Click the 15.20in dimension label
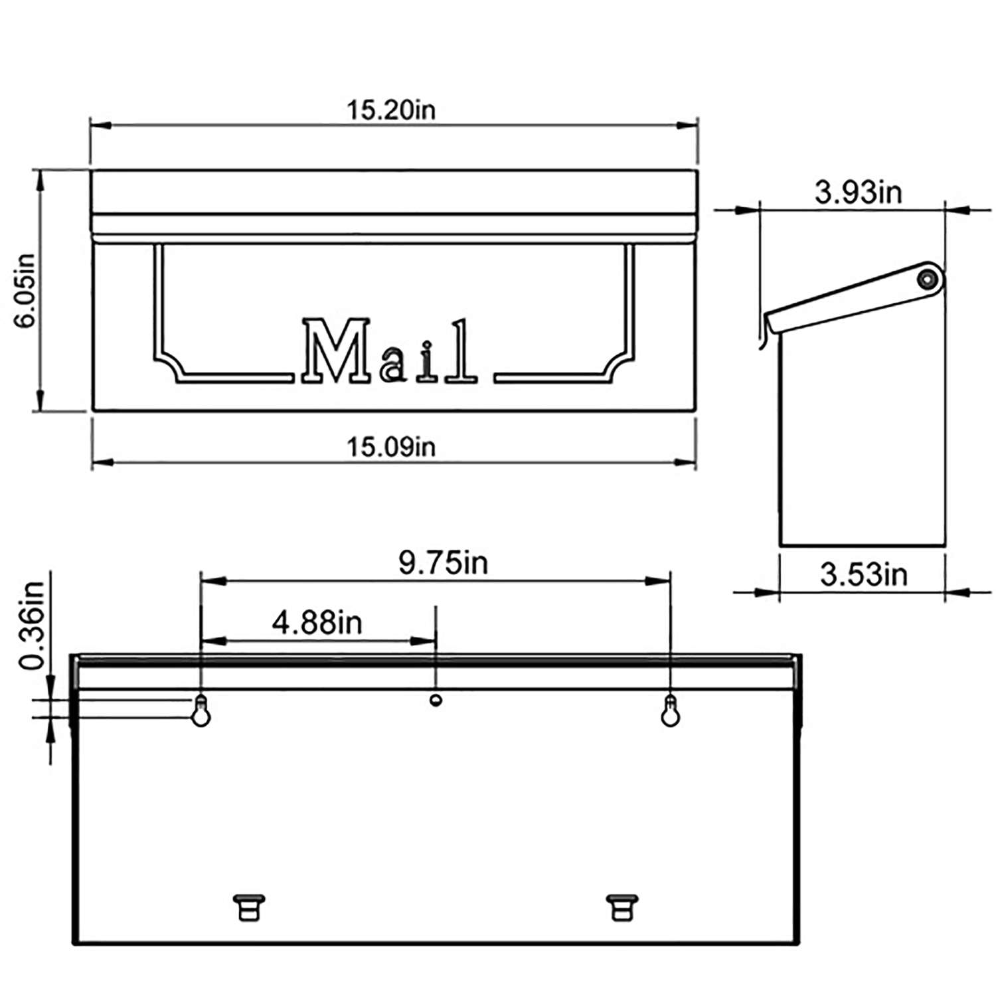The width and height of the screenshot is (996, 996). coord(391,110)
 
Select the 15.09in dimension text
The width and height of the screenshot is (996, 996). coord(391,447)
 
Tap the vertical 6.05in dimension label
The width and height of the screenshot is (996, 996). coord(27,291)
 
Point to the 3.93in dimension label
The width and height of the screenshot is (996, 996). coord(858,193)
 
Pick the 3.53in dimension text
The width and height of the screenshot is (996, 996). coord(863,574)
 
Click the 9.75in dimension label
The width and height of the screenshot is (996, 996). coord(443,563)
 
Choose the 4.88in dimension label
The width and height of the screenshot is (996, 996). coord(317,623)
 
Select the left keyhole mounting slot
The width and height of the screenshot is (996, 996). coord(201,710)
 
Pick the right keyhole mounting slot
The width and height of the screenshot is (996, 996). coord(671,710)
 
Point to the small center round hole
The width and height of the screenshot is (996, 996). coord(436,699)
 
